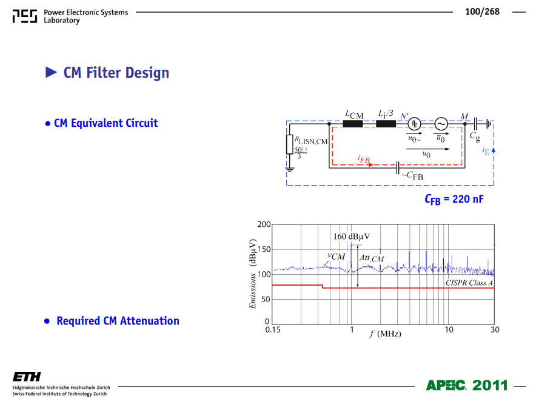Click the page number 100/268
pyautogui.click(x=482, y=12)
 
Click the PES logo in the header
pyautogui.click(x=25, y=16)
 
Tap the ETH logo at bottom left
pyautogui.click(x=27, y=376)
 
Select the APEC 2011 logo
pyautogui.click(x=467, y=385)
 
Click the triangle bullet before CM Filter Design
pyautogui.click(x=51, y=72)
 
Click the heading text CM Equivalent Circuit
pyautogui.click(x=106, y=123)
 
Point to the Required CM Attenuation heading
pyautogui.click(x=118, y=321)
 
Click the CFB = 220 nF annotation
pyautogui.click(x=454, y=199)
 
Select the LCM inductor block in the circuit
pyautogui.click(x=352, y=124)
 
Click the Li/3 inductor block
pyautogui.click(x=386, y=124)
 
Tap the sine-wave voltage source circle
pyautogui.click(x=441, y=124)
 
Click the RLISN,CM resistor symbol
pyautogui.click(x=290, y=144)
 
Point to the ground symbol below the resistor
pyautogui.click(x=290, y=169)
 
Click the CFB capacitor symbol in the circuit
pyautogui.click(x=397, y=168)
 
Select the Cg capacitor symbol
pyautogui.click(x=475, y=124)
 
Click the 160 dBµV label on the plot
pyautogui.click(x=352, y=237)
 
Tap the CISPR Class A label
pyautogui.click(x=469, y=283)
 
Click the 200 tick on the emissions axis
pyautogui.click(x=264, y=224)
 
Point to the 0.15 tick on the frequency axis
pyautogui.click(x=273, y=330)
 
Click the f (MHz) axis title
pyautogui.click(x=385, y=334)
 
